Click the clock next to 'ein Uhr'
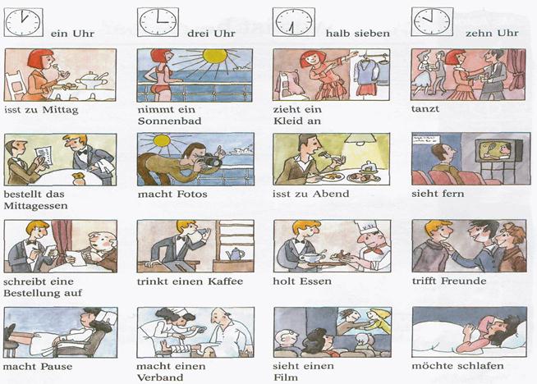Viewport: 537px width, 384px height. coord(23,23)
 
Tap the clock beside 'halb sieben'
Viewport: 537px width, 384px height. coord(293,22)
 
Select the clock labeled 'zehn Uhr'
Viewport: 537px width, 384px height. coord(432,21)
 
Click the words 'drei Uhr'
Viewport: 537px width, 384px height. coord(211,34)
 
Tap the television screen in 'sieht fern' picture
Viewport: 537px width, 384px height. coord(496,151)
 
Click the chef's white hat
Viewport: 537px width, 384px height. coord(365,227)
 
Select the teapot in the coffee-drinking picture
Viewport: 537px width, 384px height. coord(235,254)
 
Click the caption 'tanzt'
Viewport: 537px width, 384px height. coord(425,109)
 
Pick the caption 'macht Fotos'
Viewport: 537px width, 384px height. coord(172,194)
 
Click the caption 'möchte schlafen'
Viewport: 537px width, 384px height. coord(457,365)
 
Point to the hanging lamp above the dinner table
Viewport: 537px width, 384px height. coord(360,138)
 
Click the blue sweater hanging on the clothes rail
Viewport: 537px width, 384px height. coord(365,72)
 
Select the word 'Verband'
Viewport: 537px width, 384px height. coord(160,377)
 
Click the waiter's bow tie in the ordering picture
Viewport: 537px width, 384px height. coord(83,152)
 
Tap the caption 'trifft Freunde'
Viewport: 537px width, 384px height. coord(449,281)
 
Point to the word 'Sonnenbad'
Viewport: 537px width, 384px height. coord(169,121)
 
